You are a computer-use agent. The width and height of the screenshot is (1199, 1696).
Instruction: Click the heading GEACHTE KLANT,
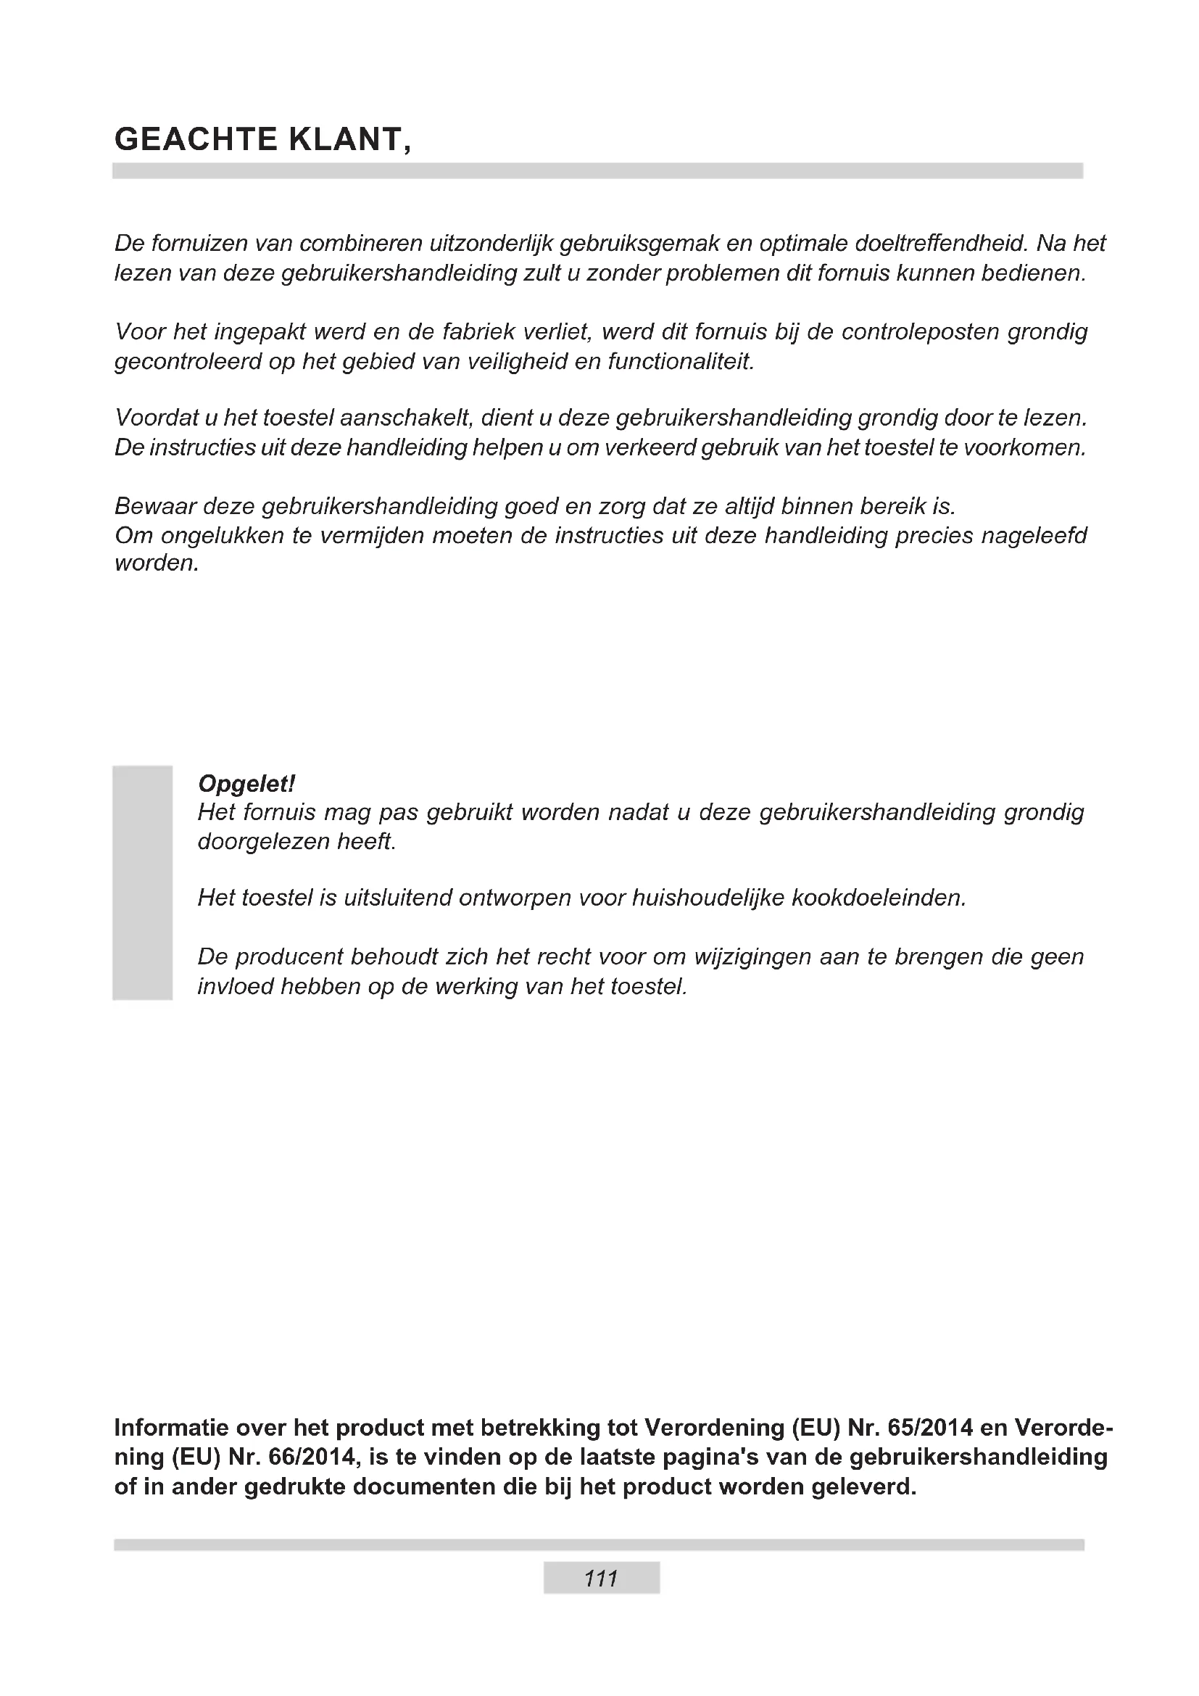point(262,140)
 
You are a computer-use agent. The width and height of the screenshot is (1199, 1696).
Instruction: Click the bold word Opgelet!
point(246,783)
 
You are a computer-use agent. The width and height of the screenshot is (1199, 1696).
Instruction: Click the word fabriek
point(478,331)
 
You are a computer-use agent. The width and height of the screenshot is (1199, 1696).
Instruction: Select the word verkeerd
point(649,447)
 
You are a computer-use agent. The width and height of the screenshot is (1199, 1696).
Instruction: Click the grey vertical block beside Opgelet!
point(143,882)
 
